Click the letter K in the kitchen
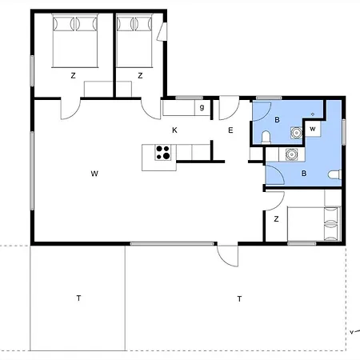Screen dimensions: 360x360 pyautogui.click(x=174, y=130)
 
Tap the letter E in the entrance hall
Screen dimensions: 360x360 pyautogui.click(x=230, y=130)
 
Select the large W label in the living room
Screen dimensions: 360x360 pyautogui.click(x=94, y=174)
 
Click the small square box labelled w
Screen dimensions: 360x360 pyautogui.click(x=313, y=129)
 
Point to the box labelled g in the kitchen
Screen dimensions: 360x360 pyautogui.click(x=202, y=108)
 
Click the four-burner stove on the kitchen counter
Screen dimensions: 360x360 pyautogui.click(x=163, y=153)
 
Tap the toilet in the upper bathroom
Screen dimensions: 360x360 pyautogui.click(x=266, y=138)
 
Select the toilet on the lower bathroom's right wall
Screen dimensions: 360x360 pyautogui.click(x=334, y=175)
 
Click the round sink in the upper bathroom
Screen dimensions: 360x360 pyautogui.click(x=296, y=132)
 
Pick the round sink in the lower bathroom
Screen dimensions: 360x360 pyautogui.click(x=290, y=154)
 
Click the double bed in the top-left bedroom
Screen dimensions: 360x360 pyautogui.click(x=75, y=41)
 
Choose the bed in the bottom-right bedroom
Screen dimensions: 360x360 pyautogui.click(x=314, y=223)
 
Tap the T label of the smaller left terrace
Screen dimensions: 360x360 pyautogui.click(x=78, y=298)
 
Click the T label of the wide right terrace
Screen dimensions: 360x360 pyautogui.click(x=239, y=299)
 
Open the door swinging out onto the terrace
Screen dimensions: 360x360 pyautogui.click(x=227, y=256)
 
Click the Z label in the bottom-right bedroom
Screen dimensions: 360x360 pyautogui.click(x=276, y=219)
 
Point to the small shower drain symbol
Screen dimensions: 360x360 pyautogui.click(x=313, y=114)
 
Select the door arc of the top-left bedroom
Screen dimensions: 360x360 pyautogui.click(x=70, y=109)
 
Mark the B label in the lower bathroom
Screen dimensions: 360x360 pyautogui.click(x=304, y=174)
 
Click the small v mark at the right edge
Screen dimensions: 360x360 pyautogui.click(x=351, y=332)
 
